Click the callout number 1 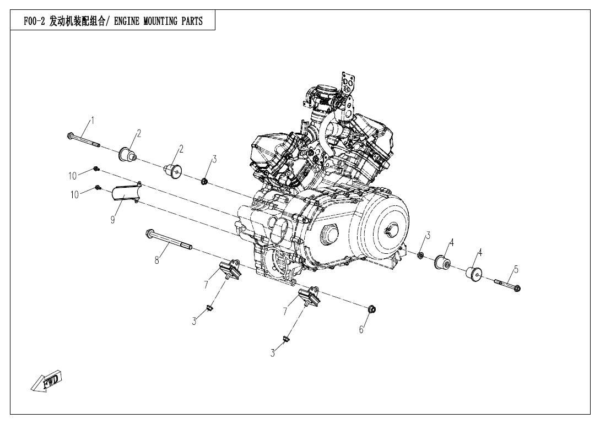[93, 120]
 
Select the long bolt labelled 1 [83, 140]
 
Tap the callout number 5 [516, 269]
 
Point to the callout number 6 [361, 329]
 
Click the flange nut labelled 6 [371, 309]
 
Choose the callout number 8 [156, 260]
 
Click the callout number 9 [112, 219]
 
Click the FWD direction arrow [47, 382]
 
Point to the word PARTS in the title [192, 22]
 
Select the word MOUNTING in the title [163, 22]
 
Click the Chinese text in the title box [77, 22]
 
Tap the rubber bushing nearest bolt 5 [475, 275]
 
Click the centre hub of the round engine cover [392, 230]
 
